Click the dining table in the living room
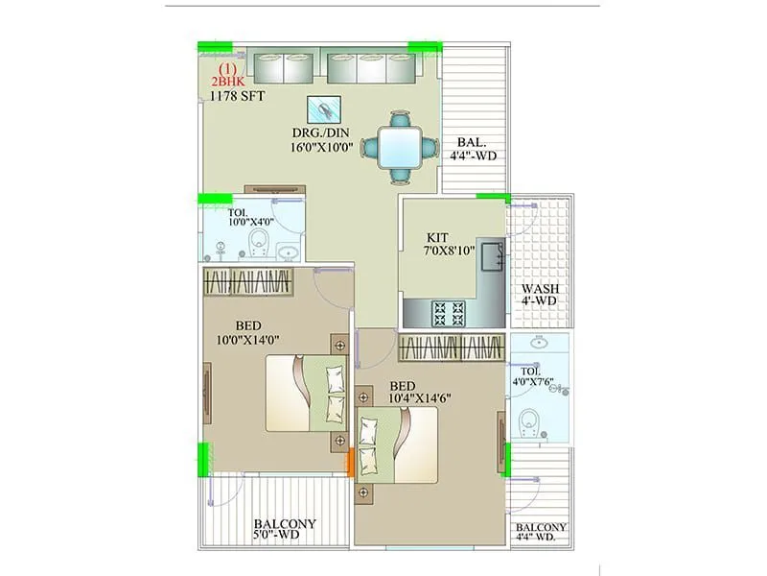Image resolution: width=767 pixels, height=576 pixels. [397, 148]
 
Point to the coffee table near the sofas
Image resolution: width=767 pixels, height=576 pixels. [325, 109]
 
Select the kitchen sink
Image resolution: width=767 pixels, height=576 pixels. [492, 256]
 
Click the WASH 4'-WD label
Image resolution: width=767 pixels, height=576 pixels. [540, 295]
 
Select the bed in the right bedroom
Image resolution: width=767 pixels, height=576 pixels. [397, 444]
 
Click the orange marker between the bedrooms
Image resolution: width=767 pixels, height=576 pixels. [351, 462]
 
